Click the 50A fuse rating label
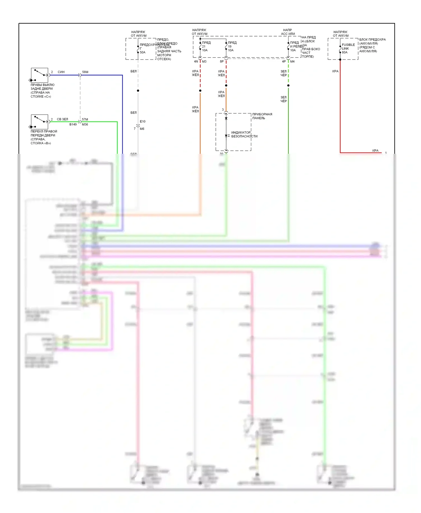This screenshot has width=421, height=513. pyautogui.click(x=143, y=52)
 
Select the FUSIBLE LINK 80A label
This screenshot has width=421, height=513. pyautogui.click(x=348, y=49)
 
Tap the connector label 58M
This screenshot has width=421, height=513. pyautogui.click(x=85, y=72)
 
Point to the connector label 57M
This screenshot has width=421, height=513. pyautogui.click(x=85, y=119)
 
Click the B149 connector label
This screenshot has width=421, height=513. pyautogui.click(x=73, y=124)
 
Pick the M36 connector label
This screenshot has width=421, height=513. pyautogui.click(x=85, y=124)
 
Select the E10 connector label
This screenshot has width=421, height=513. pyautogui.click(x=143, y=122)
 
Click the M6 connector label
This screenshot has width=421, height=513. pyautogui.click(x=142, y=129)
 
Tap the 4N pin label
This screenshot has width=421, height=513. pyautogui.click(x=196, y=61)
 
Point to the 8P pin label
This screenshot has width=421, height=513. pyautogui.click(x=222, y=61)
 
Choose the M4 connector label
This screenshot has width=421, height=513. pyautogui.click(x=292, y=61)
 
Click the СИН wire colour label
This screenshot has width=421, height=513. pyautogui.click(x=61, y=72)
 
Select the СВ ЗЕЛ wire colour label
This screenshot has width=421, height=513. pyautogui.click(x=62, y=119)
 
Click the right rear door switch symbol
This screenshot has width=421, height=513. pyautogui.click(x=40, y=75)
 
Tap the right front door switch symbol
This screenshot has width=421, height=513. pyautogui.click(x=40, y=122)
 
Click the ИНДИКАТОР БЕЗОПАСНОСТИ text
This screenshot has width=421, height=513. pyautogui.click(x=244, y=134)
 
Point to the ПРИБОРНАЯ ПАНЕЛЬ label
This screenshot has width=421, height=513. pyautogui.click(x=262, y=116)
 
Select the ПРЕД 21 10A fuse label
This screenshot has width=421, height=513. pyautogui.click(x=206, y=47)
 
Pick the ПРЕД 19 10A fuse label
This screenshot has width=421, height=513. pyautogui.click(x=232, y=47)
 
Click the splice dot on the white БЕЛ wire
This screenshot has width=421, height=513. pyautogui.click(x=138, y=91)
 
